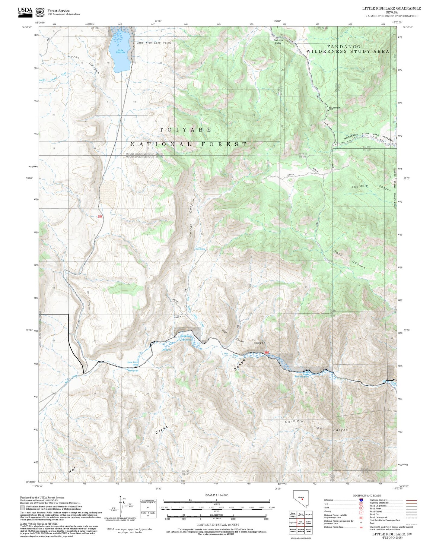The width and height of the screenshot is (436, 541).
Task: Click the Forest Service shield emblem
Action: [x=40, y=12]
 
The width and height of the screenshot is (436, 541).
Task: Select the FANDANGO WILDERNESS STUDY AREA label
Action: [x=348, y=49]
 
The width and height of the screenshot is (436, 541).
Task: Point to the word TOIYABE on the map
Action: [x=185, y=130]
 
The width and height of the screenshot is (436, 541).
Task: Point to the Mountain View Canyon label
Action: [x=316, y=426]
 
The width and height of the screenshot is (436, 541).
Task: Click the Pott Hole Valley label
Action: [x=278, y=42]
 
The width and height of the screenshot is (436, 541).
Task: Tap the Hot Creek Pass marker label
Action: [x=334, y=108]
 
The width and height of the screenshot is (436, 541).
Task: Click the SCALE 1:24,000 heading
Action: [x=216, y=495]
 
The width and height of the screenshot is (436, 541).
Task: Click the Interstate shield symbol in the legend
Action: [x=361, y=500]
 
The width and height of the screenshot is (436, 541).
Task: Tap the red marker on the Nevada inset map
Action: [x=302, y=499]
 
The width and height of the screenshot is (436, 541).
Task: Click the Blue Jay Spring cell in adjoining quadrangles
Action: [x=308, y=530]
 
